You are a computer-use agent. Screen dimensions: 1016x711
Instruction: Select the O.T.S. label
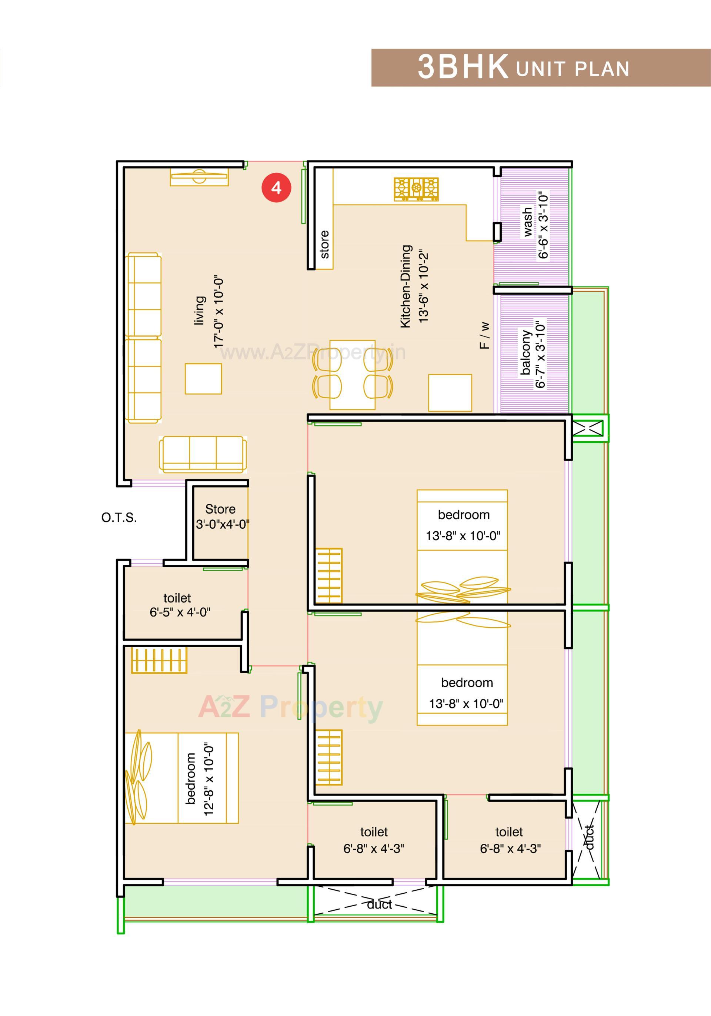point(118,517)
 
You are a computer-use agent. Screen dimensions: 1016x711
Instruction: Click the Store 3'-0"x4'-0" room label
point(221,517)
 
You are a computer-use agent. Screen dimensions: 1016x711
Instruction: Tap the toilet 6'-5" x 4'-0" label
point(179,605)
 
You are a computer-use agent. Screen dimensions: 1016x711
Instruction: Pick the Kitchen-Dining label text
point(405,286)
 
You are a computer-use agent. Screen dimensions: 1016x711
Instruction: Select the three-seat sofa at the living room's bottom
point(203,454)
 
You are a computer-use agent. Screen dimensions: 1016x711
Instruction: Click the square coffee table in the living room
point(203,378)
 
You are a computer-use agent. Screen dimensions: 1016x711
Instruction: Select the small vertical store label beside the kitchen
point(324,244)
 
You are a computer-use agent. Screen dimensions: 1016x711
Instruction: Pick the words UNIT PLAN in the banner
point(572,69)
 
